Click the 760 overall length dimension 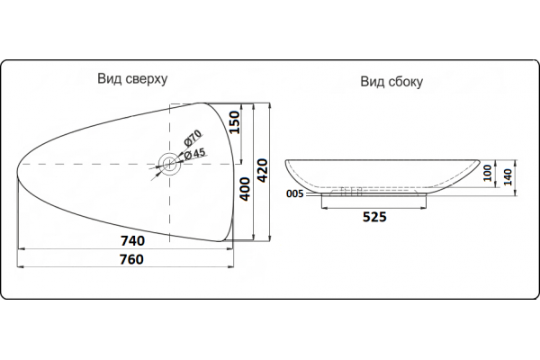tap(131, 259)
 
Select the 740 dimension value tap(132, 241)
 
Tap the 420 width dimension tap(263, 170)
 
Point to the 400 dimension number tap(245, 189)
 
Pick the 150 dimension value tap(234, 122)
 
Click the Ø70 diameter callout tap(193, 138)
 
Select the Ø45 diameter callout tap(194, 154)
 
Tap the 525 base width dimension tap(374, 217)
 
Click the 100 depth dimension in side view tap(487, 173)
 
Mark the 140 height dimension tap(508, 177)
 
